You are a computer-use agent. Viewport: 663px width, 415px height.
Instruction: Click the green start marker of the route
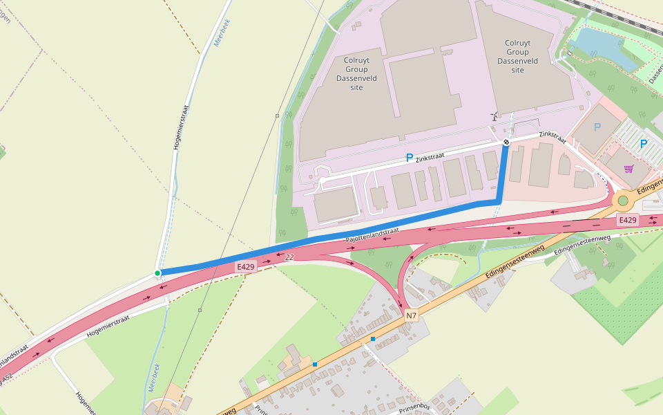157,273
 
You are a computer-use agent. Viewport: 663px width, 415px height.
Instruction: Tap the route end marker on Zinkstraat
506,142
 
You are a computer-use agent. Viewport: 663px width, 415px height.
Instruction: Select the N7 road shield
412,315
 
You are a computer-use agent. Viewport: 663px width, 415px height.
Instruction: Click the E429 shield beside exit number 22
247,266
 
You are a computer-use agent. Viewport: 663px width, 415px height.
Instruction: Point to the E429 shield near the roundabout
627,220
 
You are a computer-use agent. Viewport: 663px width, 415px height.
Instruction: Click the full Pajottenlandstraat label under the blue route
372,235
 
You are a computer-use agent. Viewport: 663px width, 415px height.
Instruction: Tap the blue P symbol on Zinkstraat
410,158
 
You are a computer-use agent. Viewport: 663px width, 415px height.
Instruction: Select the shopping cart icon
628,168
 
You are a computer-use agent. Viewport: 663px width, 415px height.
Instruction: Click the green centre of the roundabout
623,201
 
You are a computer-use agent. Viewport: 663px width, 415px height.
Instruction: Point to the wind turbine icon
494,117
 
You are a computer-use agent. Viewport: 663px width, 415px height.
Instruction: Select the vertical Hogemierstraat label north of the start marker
182,127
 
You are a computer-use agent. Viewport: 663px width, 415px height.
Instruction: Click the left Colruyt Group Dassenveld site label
356,73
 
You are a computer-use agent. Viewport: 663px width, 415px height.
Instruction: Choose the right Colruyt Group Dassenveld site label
518,56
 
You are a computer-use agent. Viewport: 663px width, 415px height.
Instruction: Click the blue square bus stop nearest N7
373,339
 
